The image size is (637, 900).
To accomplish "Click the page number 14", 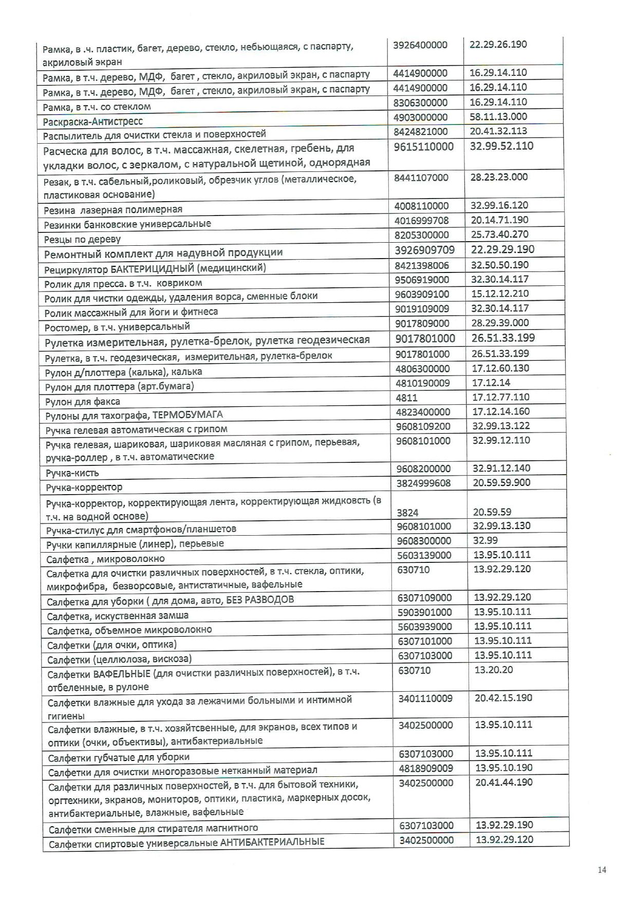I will [602, 870].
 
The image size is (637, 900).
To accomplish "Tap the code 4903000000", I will [420, 117].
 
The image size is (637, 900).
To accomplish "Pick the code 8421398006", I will [422, 265].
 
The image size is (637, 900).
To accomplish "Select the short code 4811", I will [406, 397].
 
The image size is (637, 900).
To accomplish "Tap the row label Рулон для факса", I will [83, 401].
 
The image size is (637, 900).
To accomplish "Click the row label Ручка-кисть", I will [72, 473].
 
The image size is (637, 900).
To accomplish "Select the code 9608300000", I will [424, 541].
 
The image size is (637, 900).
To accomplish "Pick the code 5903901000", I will [425, 612].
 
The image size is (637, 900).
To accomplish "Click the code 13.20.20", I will [494, 670].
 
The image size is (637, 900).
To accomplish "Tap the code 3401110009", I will [425, 698].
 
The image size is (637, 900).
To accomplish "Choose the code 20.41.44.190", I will [504, 782].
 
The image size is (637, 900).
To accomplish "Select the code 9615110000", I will [424, 147].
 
